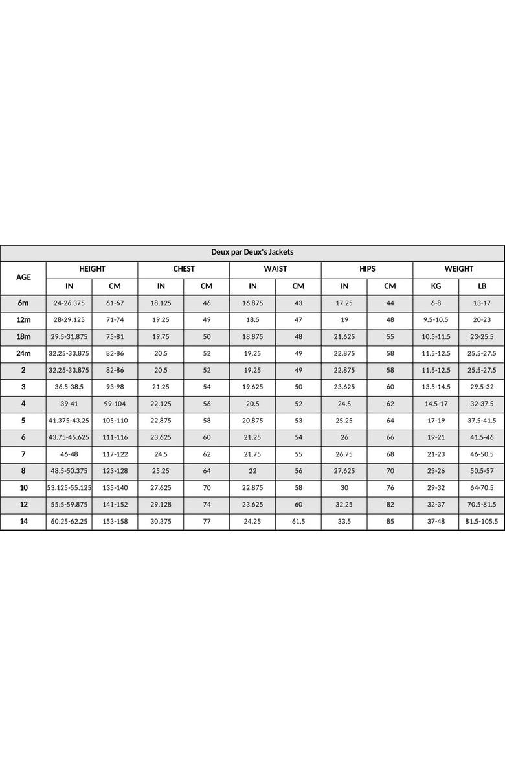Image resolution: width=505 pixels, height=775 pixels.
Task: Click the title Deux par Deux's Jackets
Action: click(x=252, y=252)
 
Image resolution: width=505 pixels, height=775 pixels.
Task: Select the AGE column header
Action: click(x=23, y=277)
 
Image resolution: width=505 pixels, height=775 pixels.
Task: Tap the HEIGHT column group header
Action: click(x=92, y=269)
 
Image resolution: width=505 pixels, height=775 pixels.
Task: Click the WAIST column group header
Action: click(x=275, y=269)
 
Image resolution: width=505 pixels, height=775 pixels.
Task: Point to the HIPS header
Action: click(x=367, y=269)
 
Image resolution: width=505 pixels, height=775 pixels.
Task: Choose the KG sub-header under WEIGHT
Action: click(x=436, y=286)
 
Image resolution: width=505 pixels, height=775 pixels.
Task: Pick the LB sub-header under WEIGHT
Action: click(x=482, y=286)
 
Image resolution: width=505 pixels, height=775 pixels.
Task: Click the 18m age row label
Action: click(x=23, y=336)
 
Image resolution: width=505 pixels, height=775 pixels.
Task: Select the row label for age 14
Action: click(x=23, y=522)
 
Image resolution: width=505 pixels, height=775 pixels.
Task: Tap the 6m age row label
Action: click(x=23, y=303)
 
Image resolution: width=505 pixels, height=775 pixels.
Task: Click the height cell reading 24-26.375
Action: click(x=69, y=303)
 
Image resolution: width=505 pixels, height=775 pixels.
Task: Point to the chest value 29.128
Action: click(x=161, y=505)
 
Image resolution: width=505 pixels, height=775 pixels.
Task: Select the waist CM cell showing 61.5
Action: click(x=298, y=522)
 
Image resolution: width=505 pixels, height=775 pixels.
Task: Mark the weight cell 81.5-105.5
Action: click(x=482, y=522)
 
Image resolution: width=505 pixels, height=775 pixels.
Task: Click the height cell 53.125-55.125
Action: click(x=69, y=488)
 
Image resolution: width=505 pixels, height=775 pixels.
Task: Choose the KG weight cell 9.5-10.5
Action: click(x=436, y=319)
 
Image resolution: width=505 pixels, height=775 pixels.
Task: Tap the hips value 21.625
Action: click(x=344, y=336)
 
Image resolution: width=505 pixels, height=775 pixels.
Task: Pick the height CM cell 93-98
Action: click(x=115, y=387)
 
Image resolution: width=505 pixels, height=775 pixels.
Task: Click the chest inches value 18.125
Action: click(x=161, y=303)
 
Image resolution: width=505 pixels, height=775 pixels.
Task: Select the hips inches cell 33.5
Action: click(x=344, y=522)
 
